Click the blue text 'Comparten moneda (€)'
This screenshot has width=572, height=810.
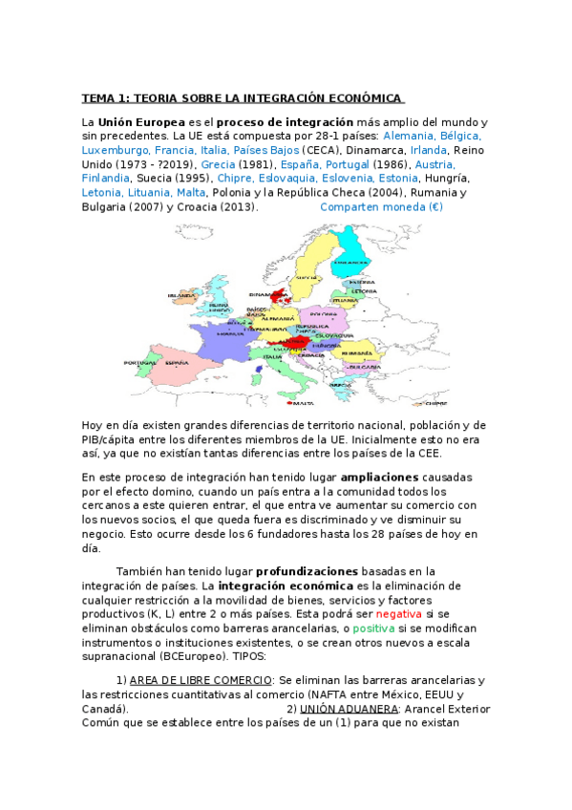click(x=381, y=206)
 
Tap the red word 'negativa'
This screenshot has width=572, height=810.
click(x=397, y=613)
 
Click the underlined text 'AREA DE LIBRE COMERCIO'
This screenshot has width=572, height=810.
click(x=201, y=680)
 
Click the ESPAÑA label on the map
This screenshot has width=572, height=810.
click(x=178, y=363)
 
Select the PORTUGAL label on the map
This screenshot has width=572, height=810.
click(x=139, y=363)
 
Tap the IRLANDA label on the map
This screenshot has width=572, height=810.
click(x=181, y=296)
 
